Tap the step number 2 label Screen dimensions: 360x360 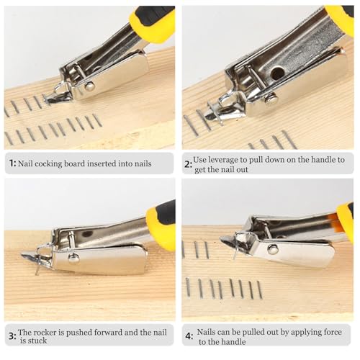(x=189, y=164)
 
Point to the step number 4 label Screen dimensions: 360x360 (x=189, y=335)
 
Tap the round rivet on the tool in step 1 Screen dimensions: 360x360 (x=90, y=86)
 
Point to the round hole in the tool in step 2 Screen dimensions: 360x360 (x=277, y=73)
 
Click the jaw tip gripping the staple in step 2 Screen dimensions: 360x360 (x=214, y=113)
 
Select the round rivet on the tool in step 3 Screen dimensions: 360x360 (x=73, y=257)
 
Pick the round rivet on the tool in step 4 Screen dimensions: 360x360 (x=273, y=248)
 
